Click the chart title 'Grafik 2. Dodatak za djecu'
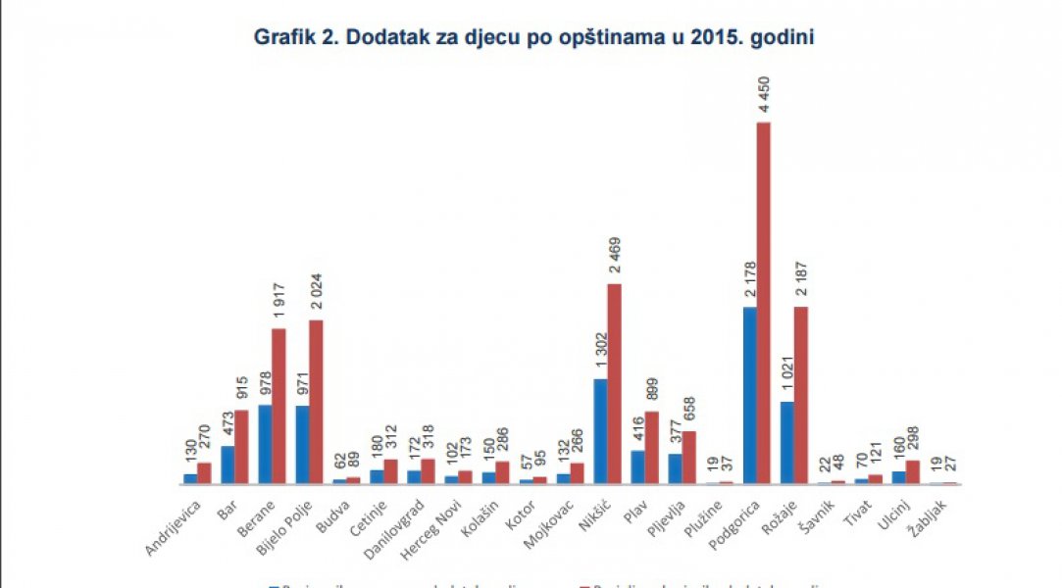click(534, 37)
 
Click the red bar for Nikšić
click(614, 383)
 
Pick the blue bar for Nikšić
click(600, 430)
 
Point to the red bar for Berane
click(278, 406)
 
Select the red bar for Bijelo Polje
click(316, 401)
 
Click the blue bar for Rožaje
click(787, 442)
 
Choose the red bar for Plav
click(651, 447)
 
